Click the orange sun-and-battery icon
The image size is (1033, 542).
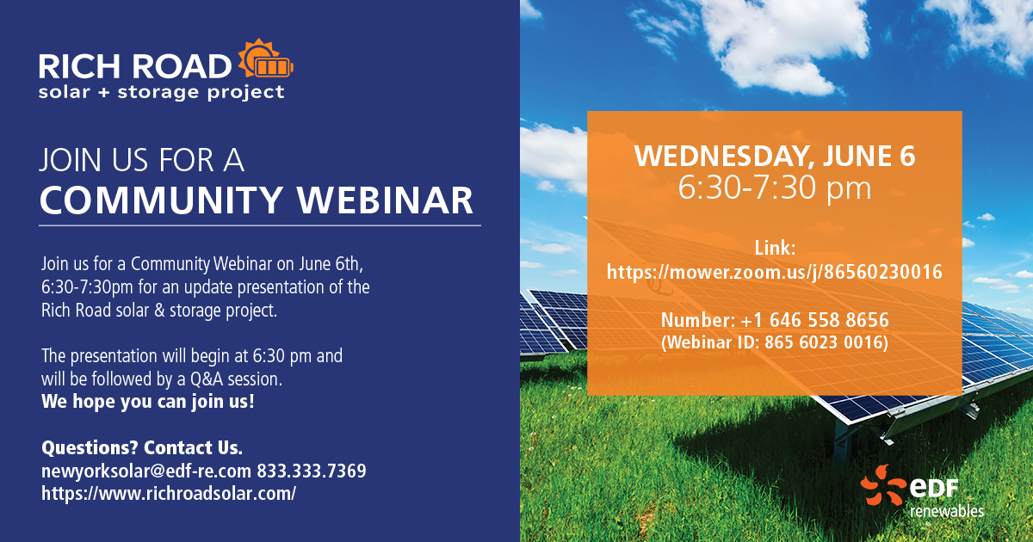click(x=266, y=59)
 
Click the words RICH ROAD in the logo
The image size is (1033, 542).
click(x=135, y=66)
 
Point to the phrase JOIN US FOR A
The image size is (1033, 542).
click(x=141, y=160)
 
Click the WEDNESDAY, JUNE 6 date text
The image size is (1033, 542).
click(x=774, y=157)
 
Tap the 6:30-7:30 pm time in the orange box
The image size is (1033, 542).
click(x=774, y=188)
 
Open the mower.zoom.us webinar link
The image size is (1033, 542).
click(x=774, y=272)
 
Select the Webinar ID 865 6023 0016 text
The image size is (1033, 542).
click(x=774, y=342)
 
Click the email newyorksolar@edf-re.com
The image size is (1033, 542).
click(x=146, y=471)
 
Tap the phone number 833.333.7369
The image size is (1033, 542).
click(x=312, y=471)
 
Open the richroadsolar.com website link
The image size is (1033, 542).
click(x=169, y=494)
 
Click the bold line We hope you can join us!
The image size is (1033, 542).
click(x=147, y=402)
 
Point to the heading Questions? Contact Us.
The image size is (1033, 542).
click(x=142, y=447)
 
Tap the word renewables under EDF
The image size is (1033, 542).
click(x=947, y=511)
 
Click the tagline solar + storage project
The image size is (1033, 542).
click(x=162, y=92)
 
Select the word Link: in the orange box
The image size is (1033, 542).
click(x=775, y=249)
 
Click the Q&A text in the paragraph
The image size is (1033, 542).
click(x=207, y=379)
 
